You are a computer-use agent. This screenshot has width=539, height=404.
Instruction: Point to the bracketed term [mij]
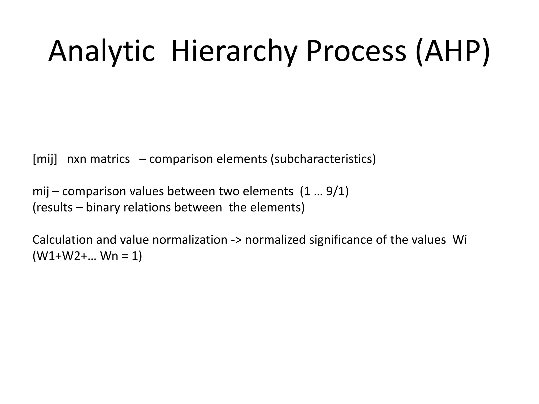point(45,159)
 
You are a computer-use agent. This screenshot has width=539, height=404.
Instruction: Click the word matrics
point(110,159)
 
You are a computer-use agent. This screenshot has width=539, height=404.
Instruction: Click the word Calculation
point(62,240)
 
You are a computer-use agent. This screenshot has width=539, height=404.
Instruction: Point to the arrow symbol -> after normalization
point(236,240)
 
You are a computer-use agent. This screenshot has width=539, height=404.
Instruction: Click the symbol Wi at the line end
point(460,240)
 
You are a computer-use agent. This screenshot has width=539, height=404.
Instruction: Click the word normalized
point(275,240)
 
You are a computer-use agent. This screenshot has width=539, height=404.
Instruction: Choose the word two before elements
point(229,191)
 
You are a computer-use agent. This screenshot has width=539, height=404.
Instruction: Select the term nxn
point(77,159)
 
